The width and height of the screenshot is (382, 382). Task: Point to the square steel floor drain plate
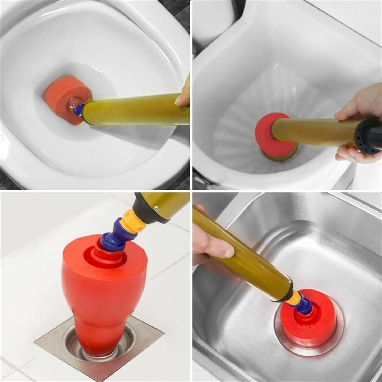pos(53,344)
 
